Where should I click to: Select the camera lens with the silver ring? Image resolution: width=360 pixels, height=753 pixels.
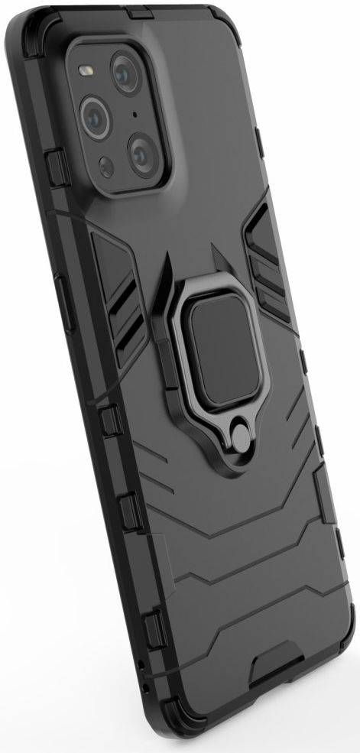[95, 116]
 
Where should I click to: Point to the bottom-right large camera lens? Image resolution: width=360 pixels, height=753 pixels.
[142, 154]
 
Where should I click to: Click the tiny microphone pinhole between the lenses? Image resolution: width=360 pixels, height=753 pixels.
[135, 115]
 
